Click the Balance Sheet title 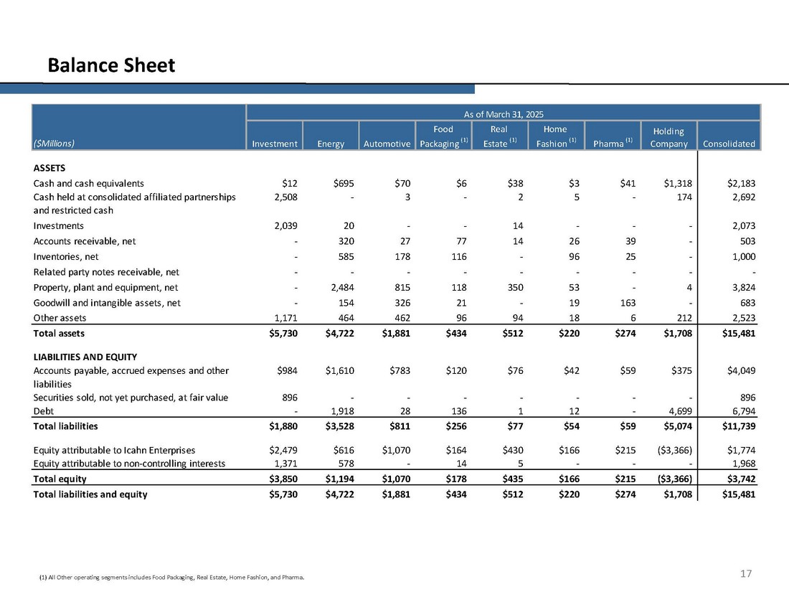point(111,66)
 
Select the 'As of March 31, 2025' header point(502,113)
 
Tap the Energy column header point(331,144)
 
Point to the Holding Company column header point(668,137)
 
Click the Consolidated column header point(729,144)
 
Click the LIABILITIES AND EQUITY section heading point(85,357)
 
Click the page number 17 point(746,573)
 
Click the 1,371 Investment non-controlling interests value point(284,463)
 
